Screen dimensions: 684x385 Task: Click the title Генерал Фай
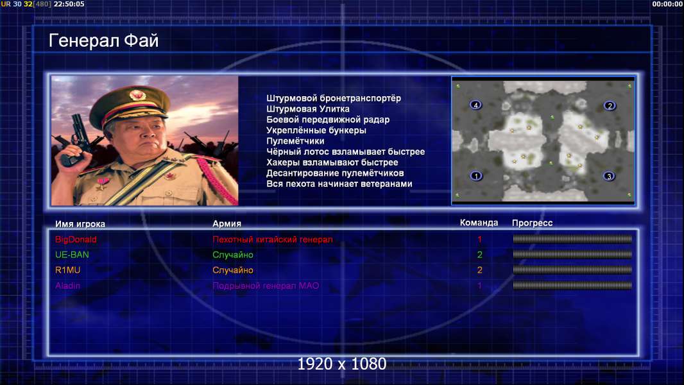[x=103, y=40]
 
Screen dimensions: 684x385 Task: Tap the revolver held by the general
[x=75, y=139]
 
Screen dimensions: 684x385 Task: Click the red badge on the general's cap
[x=137, y=95]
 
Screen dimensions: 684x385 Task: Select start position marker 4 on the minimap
[x=475, y=105]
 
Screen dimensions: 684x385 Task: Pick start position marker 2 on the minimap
[x=610, y=105]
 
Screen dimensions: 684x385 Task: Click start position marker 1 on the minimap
[x=476, y=176]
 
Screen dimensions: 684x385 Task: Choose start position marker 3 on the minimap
[x=609, y=176]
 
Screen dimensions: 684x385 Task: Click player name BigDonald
[x=76, y=239]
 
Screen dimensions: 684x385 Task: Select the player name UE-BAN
[x=72, y=255]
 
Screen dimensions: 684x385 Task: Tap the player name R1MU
[x=67, y=270]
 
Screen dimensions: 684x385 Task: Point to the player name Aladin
[x=67, y=286]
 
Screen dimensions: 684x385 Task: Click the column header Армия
[x=227, y=224]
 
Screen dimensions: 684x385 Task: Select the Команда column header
[x=479, y=223]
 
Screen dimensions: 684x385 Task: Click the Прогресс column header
[x=532, y=223]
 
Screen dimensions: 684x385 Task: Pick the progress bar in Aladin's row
[x=572, y=286]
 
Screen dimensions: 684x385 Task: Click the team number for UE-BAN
[x=479, y=255]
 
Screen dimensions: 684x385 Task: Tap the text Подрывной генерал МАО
[x=266, y=286]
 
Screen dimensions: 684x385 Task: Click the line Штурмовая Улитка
[x=308, y=109]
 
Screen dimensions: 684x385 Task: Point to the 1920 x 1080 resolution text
[x=342, y=364]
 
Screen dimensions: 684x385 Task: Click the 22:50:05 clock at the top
[x=69, y=4]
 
